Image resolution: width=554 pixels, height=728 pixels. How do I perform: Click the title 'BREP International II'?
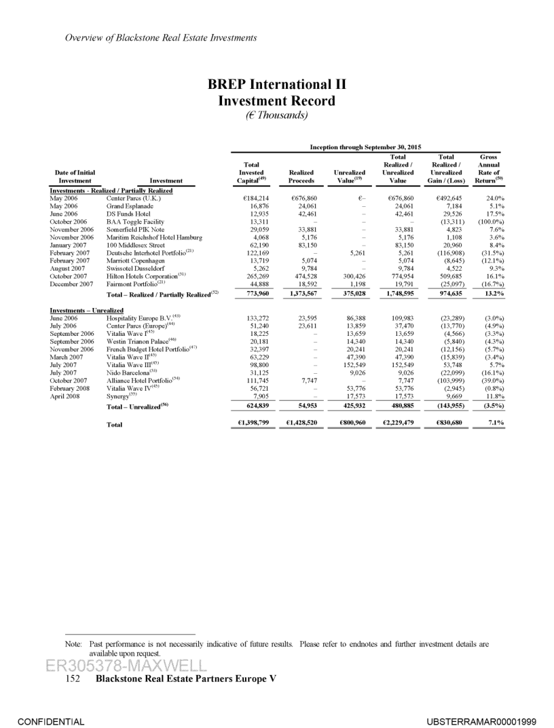[277, 85]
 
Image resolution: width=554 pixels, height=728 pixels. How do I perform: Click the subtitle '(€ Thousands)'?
[277, 115]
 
